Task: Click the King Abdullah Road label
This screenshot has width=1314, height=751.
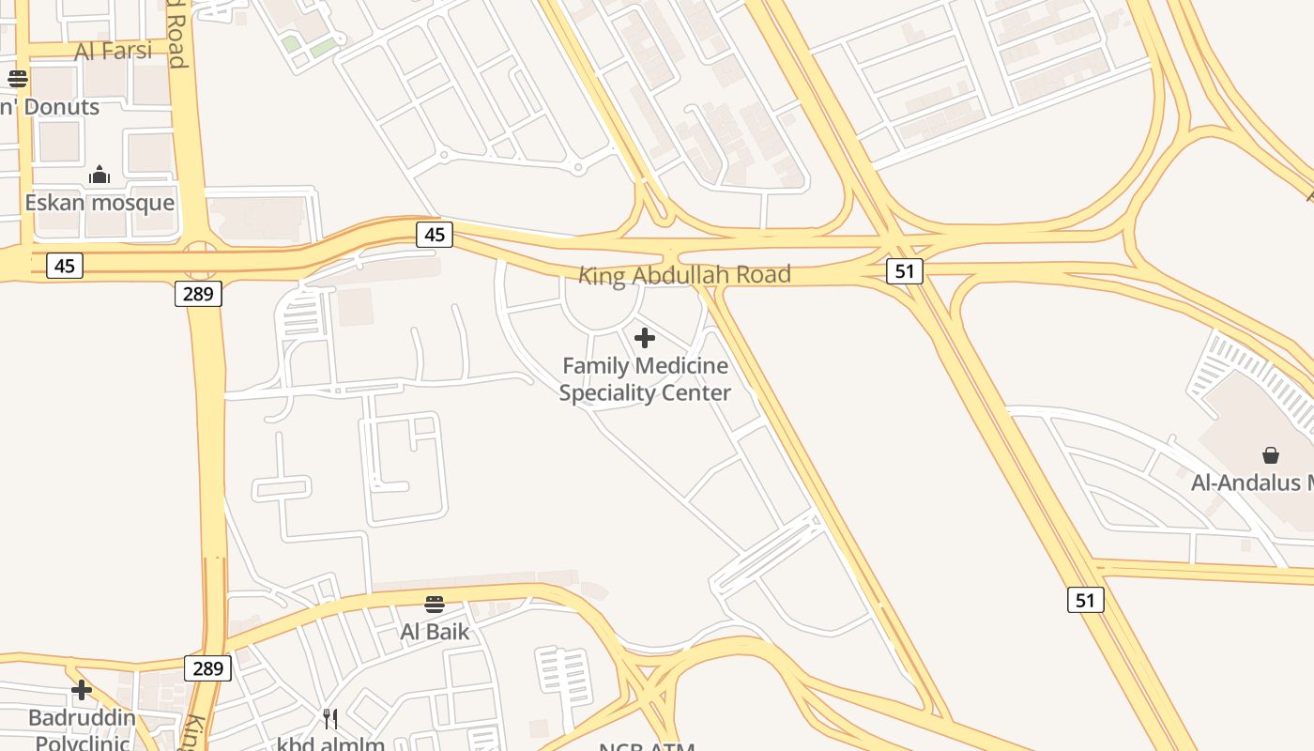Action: tap(684, 275)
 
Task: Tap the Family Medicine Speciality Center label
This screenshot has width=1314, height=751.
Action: tap(645, 378)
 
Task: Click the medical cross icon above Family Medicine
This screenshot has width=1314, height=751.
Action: tap(645, 338)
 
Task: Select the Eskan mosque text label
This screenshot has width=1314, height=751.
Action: tap(99, 203)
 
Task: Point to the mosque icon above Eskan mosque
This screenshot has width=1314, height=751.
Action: tap(99, 175)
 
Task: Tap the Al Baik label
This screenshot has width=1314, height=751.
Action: tap(435, 631)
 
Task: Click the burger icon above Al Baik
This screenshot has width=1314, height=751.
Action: tap(435, 604)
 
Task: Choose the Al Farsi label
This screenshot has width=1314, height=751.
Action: tap(114, 51)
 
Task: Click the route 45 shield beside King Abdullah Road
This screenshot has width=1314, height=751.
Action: tap(435, 235)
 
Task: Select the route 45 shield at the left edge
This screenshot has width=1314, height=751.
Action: tap(64, 266)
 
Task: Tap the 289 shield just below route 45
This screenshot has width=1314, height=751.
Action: tap(198, 294)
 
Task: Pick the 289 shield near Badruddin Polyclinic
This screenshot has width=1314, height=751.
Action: tap(207, 668)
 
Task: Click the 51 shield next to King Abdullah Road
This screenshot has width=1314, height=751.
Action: tap(904, 271)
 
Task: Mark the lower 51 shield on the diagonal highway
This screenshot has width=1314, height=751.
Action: tap(1085, 600)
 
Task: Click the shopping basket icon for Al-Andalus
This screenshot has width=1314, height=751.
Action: tap(1270, 455)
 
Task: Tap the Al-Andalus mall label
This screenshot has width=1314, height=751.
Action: tap(1252, 483)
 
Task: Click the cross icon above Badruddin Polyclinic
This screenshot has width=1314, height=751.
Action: tap(82, 690)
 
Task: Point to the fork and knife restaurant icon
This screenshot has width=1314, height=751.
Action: tap(330, 719)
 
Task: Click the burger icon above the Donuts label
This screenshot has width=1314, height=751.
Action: tap(18, 78)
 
